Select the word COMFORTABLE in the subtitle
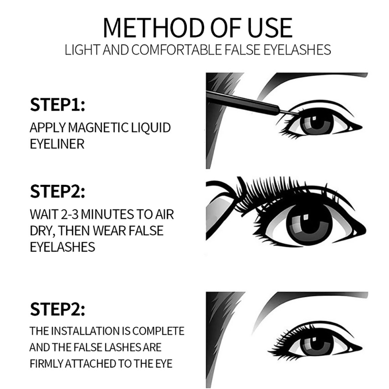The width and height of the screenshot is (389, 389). pyautogui.click(x=176, y=50)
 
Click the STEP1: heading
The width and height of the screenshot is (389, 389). pyautogui.click(x=57, y=104)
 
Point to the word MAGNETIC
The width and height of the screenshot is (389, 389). pyautogui.click(x=98, y=127)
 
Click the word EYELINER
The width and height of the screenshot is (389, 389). pyautogui.click(x=57, y=144)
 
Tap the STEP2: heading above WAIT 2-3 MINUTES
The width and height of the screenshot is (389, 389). pyautogui.click(x=57, y=191)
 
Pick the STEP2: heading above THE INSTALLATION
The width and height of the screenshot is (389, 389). pyautogui.click(x=57, y=309)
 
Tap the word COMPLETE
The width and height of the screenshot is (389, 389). pyautogui.click(x=158, y=331)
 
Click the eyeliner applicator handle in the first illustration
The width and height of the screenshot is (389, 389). pyautogui.click(x=243, y=102)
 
